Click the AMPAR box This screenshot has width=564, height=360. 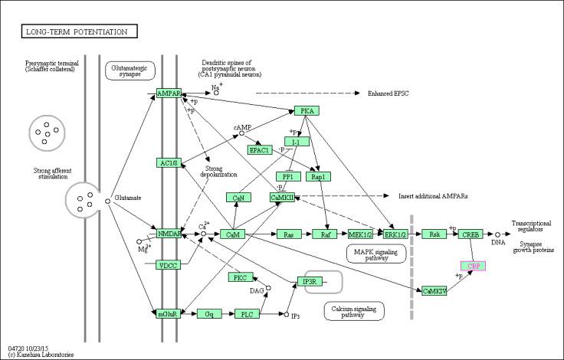pos(169,93)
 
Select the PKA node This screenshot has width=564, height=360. pos(306,111)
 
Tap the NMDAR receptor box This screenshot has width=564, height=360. pos(169,234)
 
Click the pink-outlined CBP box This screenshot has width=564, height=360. pos(474,266)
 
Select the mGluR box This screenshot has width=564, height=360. pos(169,314)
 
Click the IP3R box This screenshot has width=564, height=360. pos(310,281)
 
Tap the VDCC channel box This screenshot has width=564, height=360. pos(169,265)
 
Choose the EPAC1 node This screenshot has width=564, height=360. pos(259,149)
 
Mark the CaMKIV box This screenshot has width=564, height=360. pos(434,290)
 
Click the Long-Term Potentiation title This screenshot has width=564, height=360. pos(80,31)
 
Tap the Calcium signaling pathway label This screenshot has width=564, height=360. pos(353,310)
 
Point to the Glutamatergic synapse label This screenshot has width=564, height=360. pos(130,70)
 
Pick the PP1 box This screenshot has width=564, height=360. pos(287,176)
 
